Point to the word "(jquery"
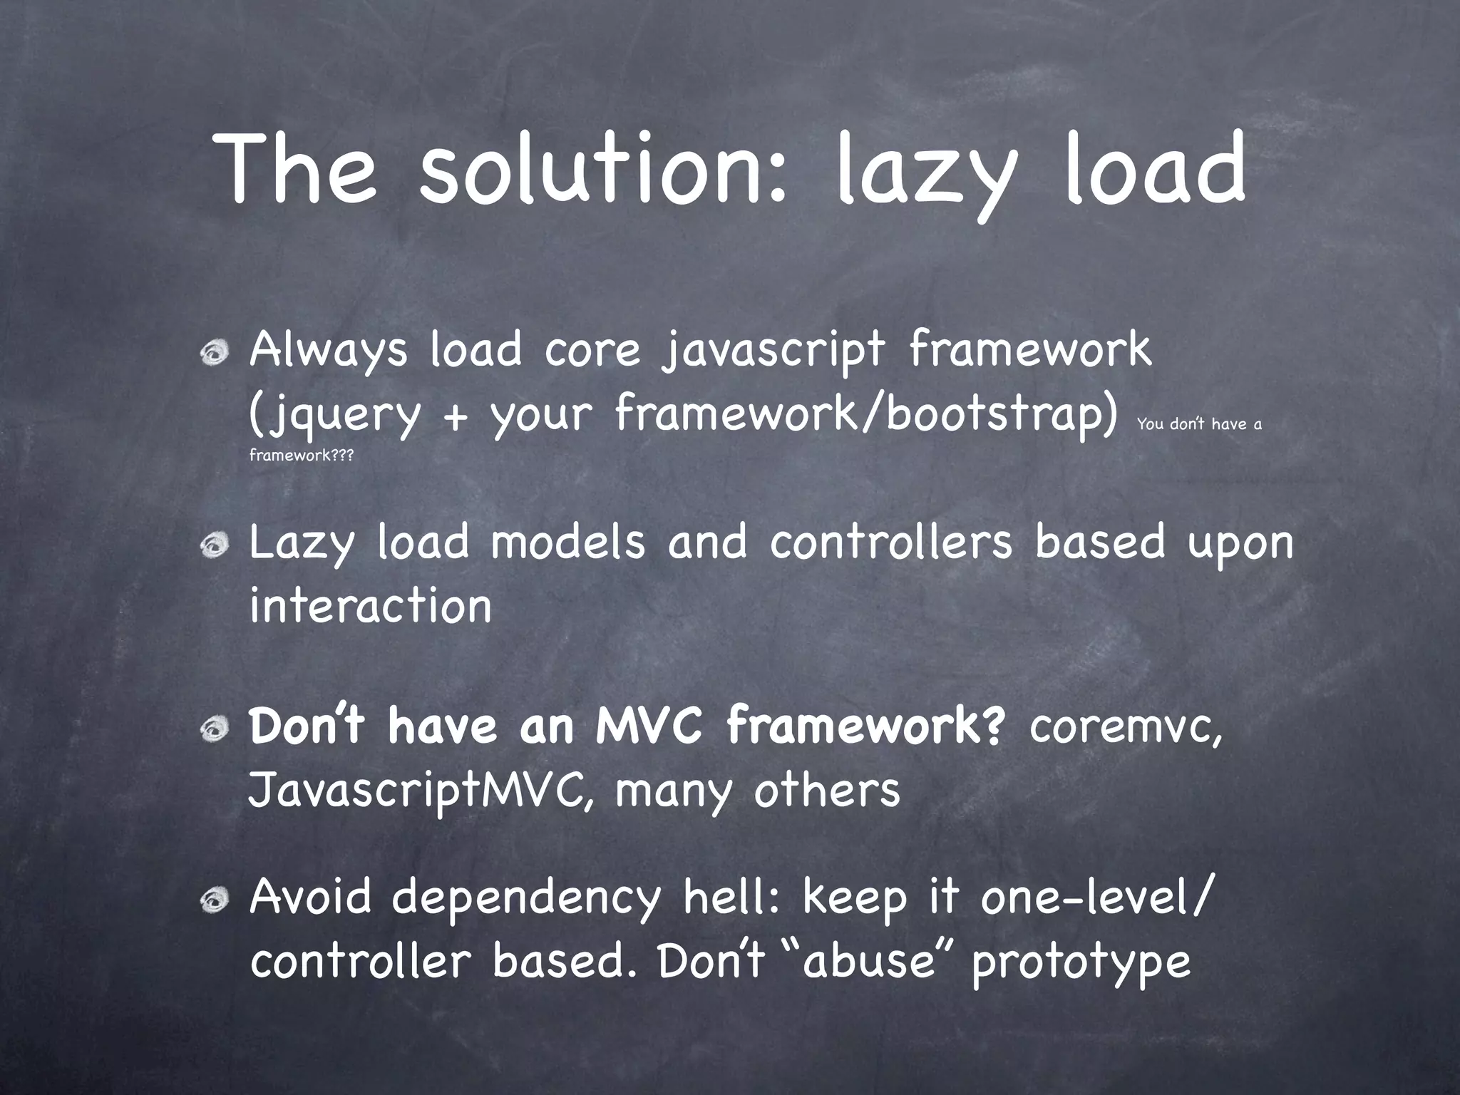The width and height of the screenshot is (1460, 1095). (334, 416)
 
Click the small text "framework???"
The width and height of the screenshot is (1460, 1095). (301, 456)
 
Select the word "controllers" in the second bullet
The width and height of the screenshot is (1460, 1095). (890, 543)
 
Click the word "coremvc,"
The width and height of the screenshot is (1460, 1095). (1126, 728)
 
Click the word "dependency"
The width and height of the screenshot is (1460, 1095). (526, 900)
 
